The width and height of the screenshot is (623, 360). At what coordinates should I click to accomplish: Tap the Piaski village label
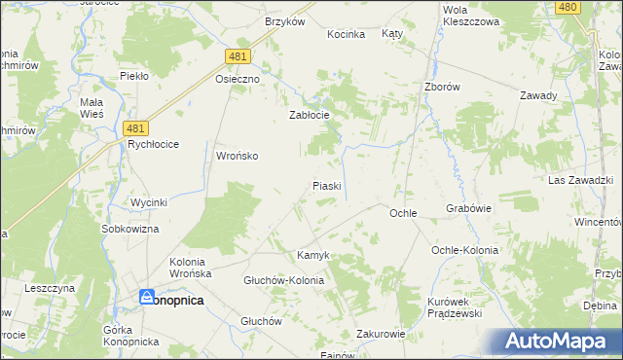(325, 185)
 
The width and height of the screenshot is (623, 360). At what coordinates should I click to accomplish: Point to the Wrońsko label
(237, 156)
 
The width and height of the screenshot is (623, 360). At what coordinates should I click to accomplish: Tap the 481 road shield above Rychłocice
(137, 126)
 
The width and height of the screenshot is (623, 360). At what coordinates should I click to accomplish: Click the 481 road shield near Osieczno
(238, 58)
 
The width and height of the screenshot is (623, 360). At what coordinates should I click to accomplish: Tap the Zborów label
(441, 86)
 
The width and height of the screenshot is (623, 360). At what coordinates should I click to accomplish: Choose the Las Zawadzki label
(579, 181)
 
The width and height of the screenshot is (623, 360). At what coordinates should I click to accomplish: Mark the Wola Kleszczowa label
(470, 15)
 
